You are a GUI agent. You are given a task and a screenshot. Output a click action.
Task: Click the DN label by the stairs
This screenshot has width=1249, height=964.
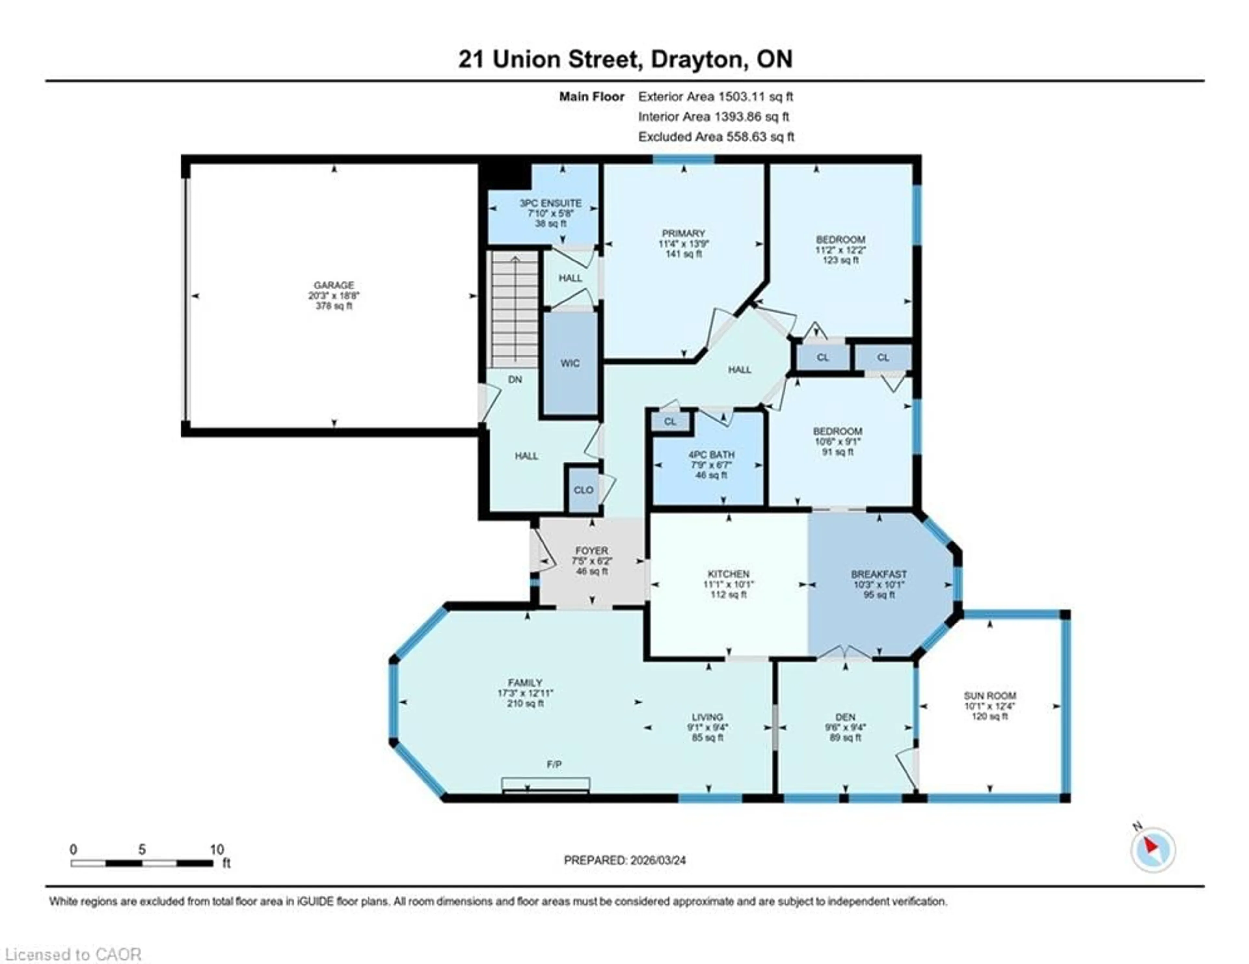pos(515,379)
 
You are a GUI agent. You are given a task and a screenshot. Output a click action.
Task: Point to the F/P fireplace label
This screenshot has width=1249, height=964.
pos(554,764)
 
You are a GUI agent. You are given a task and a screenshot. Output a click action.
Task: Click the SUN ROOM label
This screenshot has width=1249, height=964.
pos(990,696)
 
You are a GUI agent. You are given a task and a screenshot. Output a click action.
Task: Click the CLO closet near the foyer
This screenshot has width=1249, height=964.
pos(583,490)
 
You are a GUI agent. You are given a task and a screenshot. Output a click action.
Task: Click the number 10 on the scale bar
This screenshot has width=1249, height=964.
pos(217,850)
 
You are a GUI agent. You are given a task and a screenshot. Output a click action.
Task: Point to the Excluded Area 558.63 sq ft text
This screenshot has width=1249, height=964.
pos(716,137)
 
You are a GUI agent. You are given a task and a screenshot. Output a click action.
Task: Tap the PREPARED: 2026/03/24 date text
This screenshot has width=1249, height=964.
pos(624,860)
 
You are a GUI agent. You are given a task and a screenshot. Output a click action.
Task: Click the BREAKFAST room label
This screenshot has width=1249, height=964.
pos(879,574)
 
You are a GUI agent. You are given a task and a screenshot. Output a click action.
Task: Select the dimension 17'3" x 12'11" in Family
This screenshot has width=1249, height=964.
pos(525,693)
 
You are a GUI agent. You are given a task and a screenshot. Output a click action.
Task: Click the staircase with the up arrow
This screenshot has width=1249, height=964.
pos(515,309)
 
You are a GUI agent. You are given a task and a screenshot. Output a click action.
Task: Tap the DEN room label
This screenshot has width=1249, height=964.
pos(845,717)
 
